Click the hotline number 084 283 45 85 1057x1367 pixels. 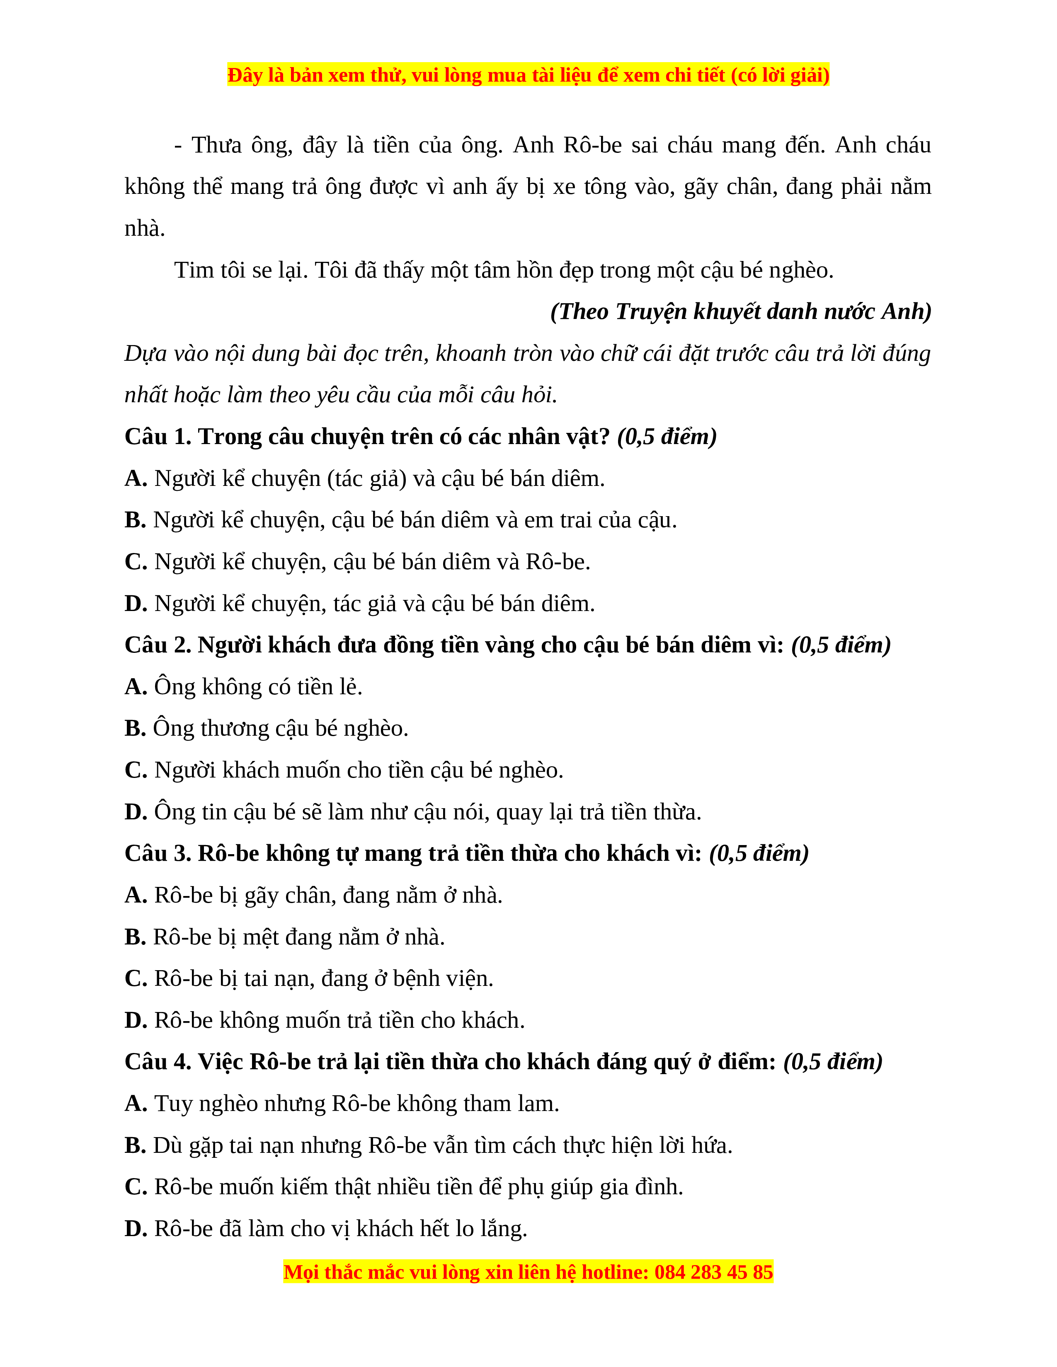[713, 1273]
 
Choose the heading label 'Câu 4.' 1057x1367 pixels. [158, 1062]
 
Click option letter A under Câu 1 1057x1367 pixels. [135, 479]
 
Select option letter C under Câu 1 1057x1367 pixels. [135, 562]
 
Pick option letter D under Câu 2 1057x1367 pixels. [135, 812]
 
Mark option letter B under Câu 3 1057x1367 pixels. [135, 937]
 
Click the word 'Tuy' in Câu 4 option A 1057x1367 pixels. [172, 1104]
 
